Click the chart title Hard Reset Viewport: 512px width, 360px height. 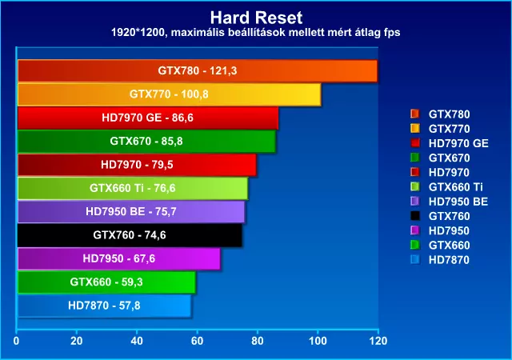pos(255,17)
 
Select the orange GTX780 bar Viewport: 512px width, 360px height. pos(196,71)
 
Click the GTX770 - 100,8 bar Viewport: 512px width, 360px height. pos(168,94)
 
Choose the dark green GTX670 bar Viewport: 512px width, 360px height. pos(146,142)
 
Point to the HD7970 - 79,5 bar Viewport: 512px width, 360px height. pos(136,165)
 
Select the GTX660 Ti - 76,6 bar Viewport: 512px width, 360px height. pos(132,189)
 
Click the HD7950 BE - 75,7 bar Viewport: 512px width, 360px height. pos(130,212)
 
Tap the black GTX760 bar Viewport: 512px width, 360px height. pos(129,235)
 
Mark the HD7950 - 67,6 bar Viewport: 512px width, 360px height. pos(118,258)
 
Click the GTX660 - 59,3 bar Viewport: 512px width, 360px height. pos(106,282)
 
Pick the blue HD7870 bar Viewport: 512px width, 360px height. pos(103,305)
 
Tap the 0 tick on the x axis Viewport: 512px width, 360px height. pos(17,340)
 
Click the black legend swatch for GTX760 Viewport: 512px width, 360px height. pos(414,216)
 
